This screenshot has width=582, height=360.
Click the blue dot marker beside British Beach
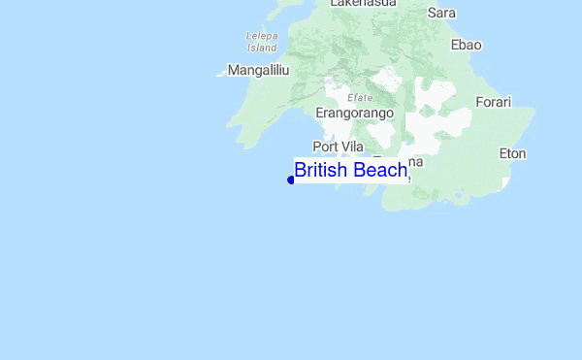click(291, 180)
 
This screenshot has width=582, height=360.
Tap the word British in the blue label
click(322, 171)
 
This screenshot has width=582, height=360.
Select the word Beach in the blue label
click(380, 171)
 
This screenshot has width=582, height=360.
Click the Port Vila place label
click(338, 146)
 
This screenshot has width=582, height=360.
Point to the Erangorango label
click(355, 113)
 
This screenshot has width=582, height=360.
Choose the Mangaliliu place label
click(259, 70)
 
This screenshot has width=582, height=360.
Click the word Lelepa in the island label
click(262, 36)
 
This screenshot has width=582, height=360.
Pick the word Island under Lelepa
click(262, 47)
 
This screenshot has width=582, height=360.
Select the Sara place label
click(441, 13)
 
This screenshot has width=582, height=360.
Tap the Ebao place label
click(467, 45)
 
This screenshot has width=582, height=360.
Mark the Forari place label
click(493, 102)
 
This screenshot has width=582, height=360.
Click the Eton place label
click(512, 153)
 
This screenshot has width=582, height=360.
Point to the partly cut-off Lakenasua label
click(364, 4)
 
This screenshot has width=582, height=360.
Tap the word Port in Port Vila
click(324, 146)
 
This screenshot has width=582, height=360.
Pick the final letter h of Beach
click(402, 171)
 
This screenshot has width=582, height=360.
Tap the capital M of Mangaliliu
click(233, 70)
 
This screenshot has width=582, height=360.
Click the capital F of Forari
click(478, 102)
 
